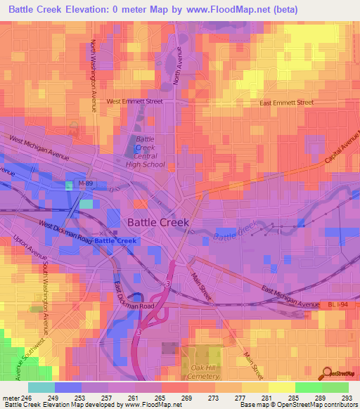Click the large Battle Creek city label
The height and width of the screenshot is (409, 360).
pyautogui.click(x=158, y=222)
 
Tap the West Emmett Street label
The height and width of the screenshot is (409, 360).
pyautogui.click(x=134, y=101)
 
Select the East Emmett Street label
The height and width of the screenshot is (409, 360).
pyautogui.click(x=286, y=103)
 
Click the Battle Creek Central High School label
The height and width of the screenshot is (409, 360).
pyautogui.click(x=145, y=152)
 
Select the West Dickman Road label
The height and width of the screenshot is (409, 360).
pyautogui.click(x=66, y=232)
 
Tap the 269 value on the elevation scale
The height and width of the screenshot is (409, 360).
pyautogui.click(x=188, y=397)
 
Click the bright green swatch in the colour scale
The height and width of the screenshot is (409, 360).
pyautogui.click(x=308, y=387)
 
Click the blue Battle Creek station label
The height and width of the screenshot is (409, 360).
pyautogui.click(x=115, y=241)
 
